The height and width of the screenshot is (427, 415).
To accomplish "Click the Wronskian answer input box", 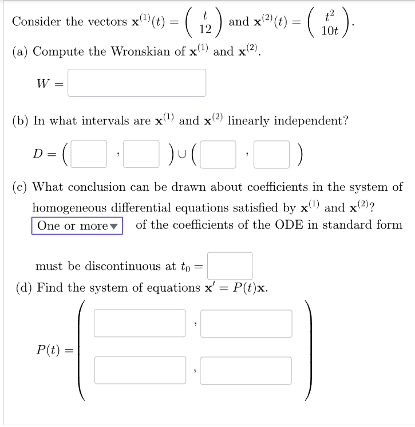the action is [137, 83].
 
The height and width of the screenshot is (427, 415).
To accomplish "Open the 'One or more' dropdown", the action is [77, 226].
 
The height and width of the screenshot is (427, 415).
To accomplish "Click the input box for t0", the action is [230, 266].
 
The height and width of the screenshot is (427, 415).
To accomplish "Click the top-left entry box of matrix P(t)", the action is [140, 323].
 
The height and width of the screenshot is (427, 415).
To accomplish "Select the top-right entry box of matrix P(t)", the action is [246, 323].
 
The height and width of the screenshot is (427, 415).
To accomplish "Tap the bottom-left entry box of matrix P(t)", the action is [140, 370].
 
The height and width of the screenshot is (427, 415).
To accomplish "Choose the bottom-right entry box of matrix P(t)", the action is [246, 370].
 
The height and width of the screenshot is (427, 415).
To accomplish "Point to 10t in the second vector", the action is [330, 30].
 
